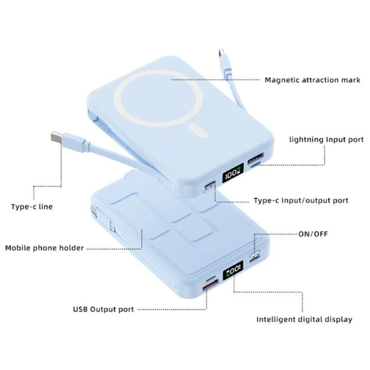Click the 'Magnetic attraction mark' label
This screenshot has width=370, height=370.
[x=312, y=80]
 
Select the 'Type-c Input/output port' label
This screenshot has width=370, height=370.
[x=301, y=201]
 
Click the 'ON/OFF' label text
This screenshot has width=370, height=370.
[x=313, y=234]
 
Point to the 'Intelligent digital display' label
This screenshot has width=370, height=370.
[x=304, y=320]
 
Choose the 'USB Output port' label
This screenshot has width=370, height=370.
[x=103, y=309]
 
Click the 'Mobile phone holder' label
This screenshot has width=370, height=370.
[x=44, y=248]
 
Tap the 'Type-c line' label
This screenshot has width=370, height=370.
[x=32, y=207]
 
